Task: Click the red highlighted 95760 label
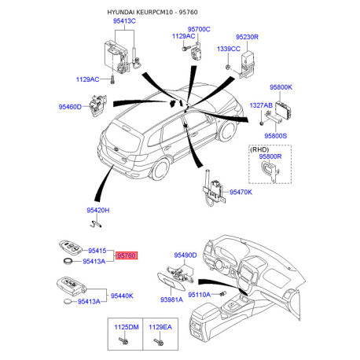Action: coord(127,255)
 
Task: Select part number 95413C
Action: coord(124,20)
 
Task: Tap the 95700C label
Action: coord(199,29)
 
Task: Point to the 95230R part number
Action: coord(247,37)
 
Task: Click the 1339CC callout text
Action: coord(229,49)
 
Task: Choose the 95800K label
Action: coord(281,87)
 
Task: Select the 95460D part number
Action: coord(70,107)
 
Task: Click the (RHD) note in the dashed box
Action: coord(259,149)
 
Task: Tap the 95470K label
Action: coord(241,192)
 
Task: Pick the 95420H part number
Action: coord(98,210)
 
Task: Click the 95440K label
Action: coord(122,296)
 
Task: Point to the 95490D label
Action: coord(186,255)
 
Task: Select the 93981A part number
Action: coord(171,299)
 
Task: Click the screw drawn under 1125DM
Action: coord(123,341)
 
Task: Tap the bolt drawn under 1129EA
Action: coord(159,342)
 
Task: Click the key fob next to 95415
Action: coord(69,248)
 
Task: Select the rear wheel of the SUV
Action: coord(160,169)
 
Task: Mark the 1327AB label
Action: coord(261,105)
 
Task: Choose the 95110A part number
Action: coord(199,295)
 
